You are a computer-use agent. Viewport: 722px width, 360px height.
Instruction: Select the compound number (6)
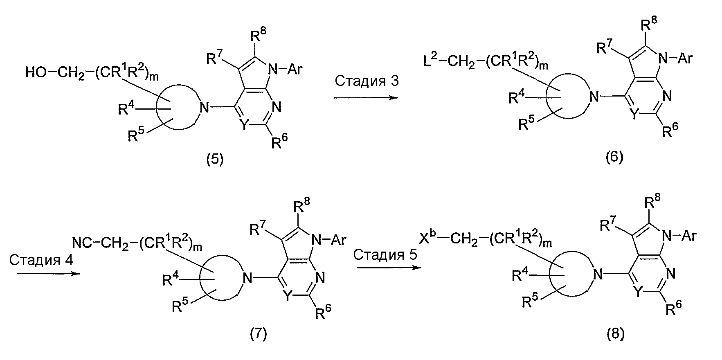click(614, 157)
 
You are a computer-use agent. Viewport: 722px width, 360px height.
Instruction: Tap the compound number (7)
click(258, 335)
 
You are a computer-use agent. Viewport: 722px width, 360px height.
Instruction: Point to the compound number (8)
click(616, 335)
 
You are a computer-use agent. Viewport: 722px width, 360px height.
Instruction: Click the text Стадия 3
click(367, 81)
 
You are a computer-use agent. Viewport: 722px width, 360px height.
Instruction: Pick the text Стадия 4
click(41, 260)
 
